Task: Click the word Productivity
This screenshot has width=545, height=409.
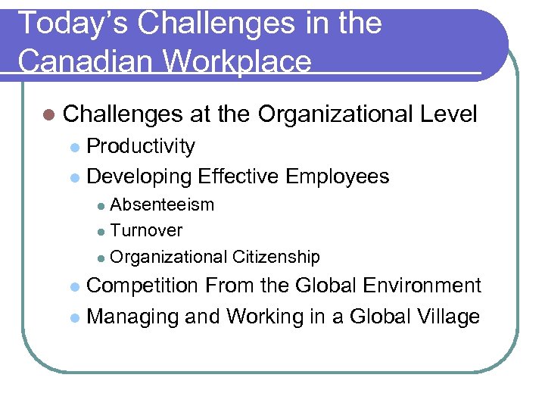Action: (x=142, y=146)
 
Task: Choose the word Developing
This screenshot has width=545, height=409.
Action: (x=139, y=176)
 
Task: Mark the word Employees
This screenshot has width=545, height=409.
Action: (x=338, y=176)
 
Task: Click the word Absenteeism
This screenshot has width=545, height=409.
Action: (x=163, y=204)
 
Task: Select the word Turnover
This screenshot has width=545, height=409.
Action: (x=147, y=230)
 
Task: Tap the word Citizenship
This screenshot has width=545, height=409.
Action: (x=277, y=258)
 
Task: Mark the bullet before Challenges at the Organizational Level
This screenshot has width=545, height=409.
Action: (x=49, y=115)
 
